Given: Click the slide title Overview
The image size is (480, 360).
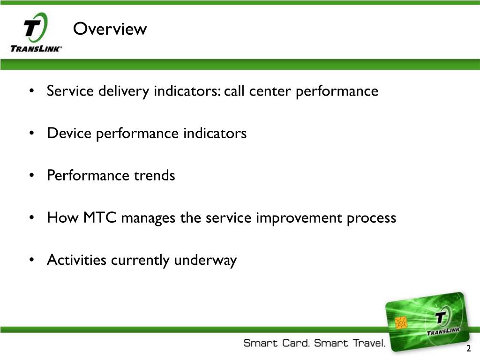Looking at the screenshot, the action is click(x=110, y=29).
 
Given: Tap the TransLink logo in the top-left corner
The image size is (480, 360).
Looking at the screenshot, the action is click(x=36, y=32).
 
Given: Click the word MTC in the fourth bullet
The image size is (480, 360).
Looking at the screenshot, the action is click(x=99, y=217).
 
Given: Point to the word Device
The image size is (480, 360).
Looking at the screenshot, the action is click(x=69, y=133).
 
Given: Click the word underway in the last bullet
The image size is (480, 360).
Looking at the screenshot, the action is click(x=205, y=260).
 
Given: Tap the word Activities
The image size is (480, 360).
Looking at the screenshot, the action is click(x=76, y=260).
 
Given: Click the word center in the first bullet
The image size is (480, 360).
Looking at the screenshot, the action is click(x=270, y=91).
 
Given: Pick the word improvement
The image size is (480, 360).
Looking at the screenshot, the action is click(x=299, y=218).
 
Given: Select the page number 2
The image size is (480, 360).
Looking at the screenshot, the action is click(x=468, y=348).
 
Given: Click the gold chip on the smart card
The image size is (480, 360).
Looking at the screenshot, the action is click(x=401, y=322).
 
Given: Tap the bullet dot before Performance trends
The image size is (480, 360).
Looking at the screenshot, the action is click(x=31, y=175).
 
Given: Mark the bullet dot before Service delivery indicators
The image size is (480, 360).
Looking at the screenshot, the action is click(x=31, y=91).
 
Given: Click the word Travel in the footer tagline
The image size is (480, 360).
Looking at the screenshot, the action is click(x=369, y=343).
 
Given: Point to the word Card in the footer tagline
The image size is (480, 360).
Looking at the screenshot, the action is click(x=296, y=343).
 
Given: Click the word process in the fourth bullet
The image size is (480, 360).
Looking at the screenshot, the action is click(x=371, y=218).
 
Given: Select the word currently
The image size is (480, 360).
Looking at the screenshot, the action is click(x=140, y=260).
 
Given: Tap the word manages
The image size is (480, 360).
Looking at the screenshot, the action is click(x=148, y=218).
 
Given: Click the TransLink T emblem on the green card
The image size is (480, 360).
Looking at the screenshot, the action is click(x=441, y=317).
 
